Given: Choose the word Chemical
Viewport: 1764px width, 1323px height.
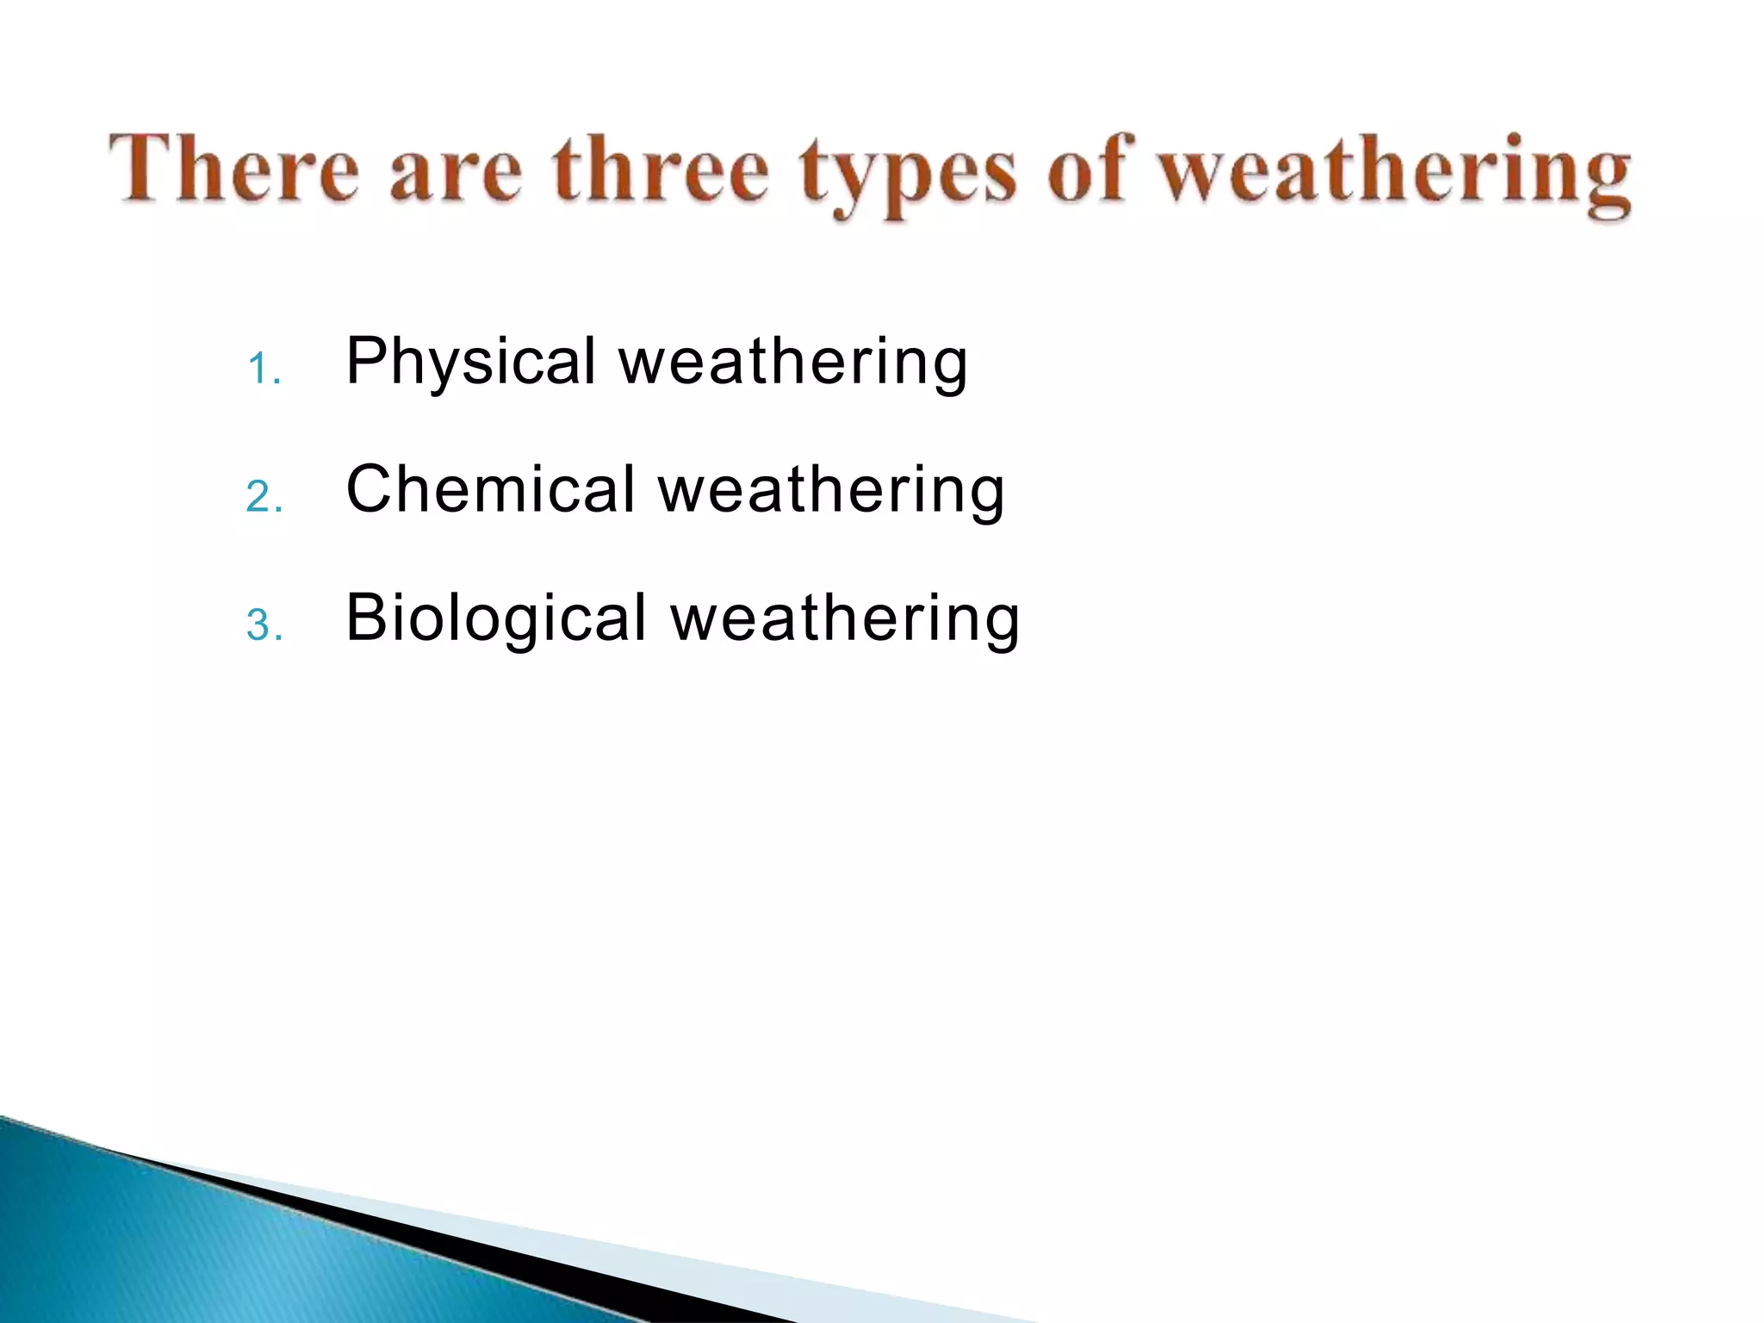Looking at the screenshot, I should click(489, 489).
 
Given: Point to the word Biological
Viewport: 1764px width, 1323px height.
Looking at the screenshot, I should click(495, 619).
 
